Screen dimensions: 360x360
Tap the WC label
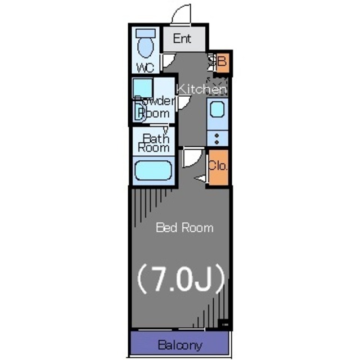tap(146, 68)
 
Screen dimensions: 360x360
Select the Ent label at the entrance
tap(182, 39)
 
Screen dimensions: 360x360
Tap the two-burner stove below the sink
tap(217, 137)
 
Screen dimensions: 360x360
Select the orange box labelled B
tap(222, 62)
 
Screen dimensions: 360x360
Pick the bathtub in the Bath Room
tap(153, 170)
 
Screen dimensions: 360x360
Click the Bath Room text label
tap(154, 143)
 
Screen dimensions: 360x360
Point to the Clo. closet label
tap(218, 166)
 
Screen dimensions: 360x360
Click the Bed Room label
tap(184, 228)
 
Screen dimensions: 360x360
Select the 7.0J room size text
tap(181, 277)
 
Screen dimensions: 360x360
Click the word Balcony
tap(179, 345)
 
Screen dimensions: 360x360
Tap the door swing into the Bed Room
tap(190, 156)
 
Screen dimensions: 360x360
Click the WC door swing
tap(168, 61)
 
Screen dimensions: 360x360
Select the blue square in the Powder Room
tap(142, 87)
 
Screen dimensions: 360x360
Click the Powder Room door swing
tap(182, 103)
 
